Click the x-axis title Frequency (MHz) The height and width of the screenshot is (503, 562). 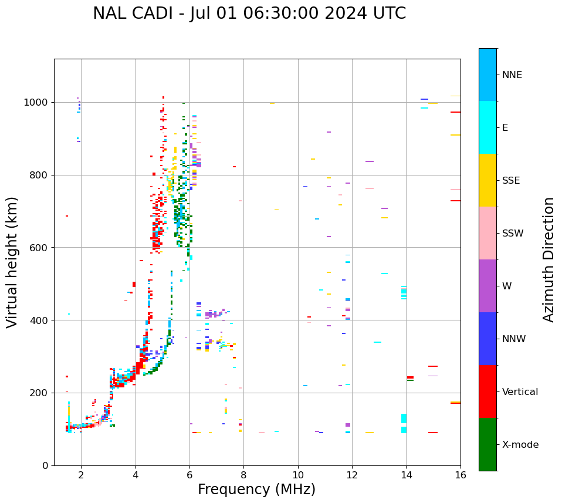256,490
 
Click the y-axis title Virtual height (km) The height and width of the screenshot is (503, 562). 12,262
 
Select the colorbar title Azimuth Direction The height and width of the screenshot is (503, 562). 549,259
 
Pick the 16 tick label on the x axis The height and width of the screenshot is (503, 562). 461,475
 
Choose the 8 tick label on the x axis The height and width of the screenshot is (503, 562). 243,475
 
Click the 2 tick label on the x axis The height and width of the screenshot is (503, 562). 81,475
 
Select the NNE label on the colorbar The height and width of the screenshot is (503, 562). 512,75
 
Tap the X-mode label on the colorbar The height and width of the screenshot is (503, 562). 520,445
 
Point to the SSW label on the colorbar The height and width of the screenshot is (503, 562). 513,234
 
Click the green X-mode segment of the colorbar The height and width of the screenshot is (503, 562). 487,444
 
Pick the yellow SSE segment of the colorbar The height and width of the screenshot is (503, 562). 487,180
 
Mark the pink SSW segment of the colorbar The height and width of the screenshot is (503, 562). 487,233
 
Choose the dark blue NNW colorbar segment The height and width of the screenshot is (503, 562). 487,339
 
